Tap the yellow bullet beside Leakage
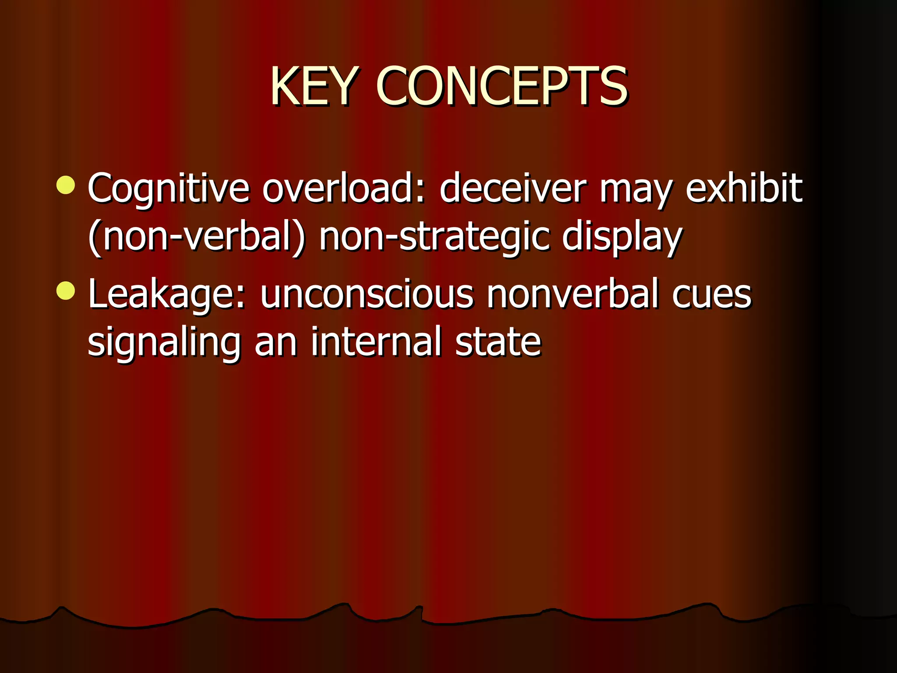click(x=66, y=291)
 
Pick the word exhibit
click(x=743, y=188)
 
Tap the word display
click(x=622, y=239)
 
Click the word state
click(x=498, y=342)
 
